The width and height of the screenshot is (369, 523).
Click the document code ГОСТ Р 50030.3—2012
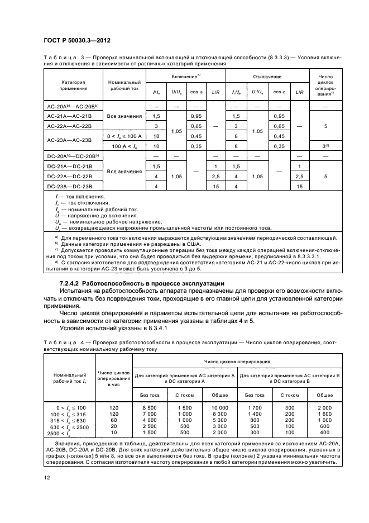pyautogui.click(x=71, y=42)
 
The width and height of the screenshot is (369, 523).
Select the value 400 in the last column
pyautogui.click(x=325, y=432)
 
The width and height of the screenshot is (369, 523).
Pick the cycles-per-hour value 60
pyautogui.click(x=114, y=420)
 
